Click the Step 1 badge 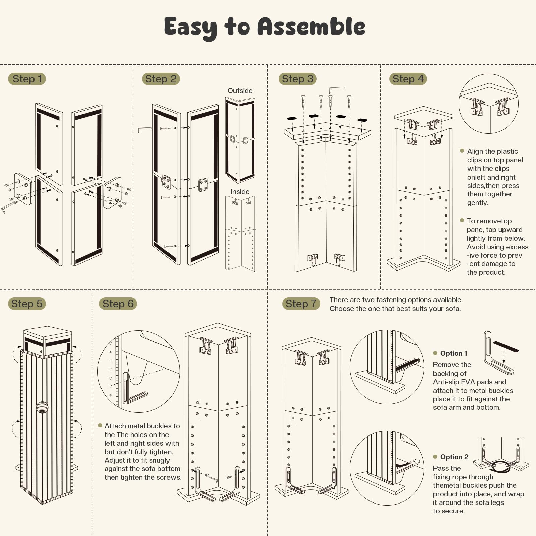point(27,79)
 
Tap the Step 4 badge point(408,79)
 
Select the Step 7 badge point(301,304)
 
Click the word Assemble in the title point(311,27)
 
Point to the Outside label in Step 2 point(240,91)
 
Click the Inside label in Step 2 point(240,192)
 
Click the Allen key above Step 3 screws point(336,90)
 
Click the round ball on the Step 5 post point(42,407)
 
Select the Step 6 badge point(118,304)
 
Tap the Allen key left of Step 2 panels point(144,129)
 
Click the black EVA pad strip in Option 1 point(506,346)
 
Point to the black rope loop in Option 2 point(500,466)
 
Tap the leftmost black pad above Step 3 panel point(292,118)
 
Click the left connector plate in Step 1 point(23,189)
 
